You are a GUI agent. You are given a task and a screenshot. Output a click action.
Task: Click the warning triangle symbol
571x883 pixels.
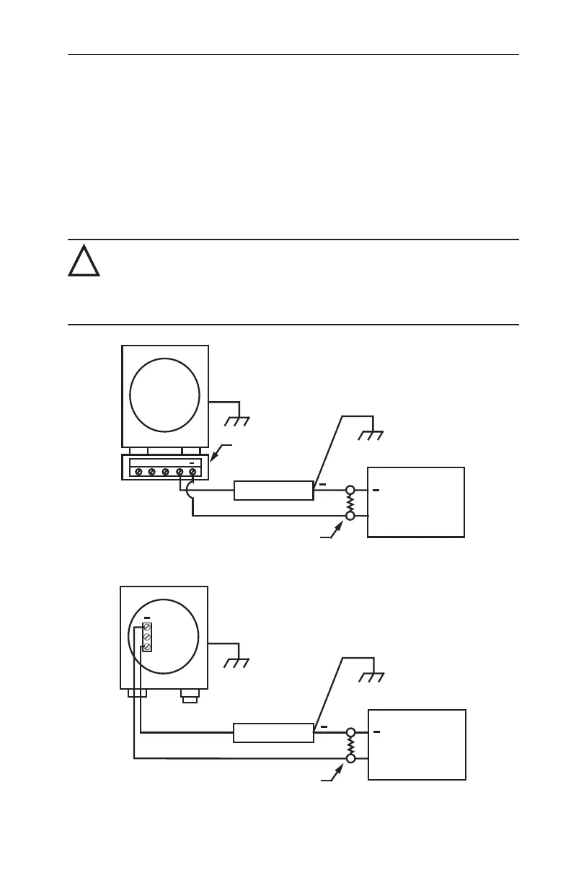(84, 262)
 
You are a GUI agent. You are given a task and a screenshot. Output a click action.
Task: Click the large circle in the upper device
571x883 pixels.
(164, 394)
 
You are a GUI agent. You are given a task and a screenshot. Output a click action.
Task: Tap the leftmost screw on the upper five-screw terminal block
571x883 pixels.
(138, 472)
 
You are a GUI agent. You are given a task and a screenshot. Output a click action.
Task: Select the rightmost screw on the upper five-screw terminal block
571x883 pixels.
(192, 472)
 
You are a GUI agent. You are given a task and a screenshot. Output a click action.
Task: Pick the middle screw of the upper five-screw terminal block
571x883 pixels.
(165, 472)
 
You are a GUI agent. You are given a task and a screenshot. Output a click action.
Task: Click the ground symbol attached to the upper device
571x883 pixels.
(236, 421)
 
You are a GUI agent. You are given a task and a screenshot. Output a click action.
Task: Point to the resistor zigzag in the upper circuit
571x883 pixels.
(350, 503)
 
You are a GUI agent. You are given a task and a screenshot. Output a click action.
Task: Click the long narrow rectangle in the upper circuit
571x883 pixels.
(273, 491)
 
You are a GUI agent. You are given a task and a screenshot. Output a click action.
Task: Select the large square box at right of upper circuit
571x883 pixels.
(415, 502)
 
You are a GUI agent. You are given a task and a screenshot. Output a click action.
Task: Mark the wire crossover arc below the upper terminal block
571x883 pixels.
(188, 491)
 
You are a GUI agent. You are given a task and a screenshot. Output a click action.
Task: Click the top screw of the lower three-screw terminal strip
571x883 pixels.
(147, 629)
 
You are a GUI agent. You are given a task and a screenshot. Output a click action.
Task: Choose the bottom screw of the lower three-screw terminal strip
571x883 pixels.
(147, 647)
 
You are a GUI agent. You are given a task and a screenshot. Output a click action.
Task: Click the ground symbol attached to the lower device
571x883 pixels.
(236, 664)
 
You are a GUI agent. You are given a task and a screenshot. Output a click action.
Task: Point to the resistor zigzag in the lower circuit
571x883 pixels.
(351, 744)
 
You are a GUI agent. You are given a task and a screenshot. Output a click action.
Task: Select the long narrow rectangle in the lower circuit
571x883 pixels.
(273, 732)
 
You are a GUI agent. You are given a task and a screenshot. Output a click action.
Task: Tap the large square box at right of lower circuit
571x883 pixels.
(417, 744)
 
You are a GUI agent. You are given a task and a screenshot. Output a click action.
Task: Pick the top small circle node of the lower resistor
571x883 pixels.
(351, 732)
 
